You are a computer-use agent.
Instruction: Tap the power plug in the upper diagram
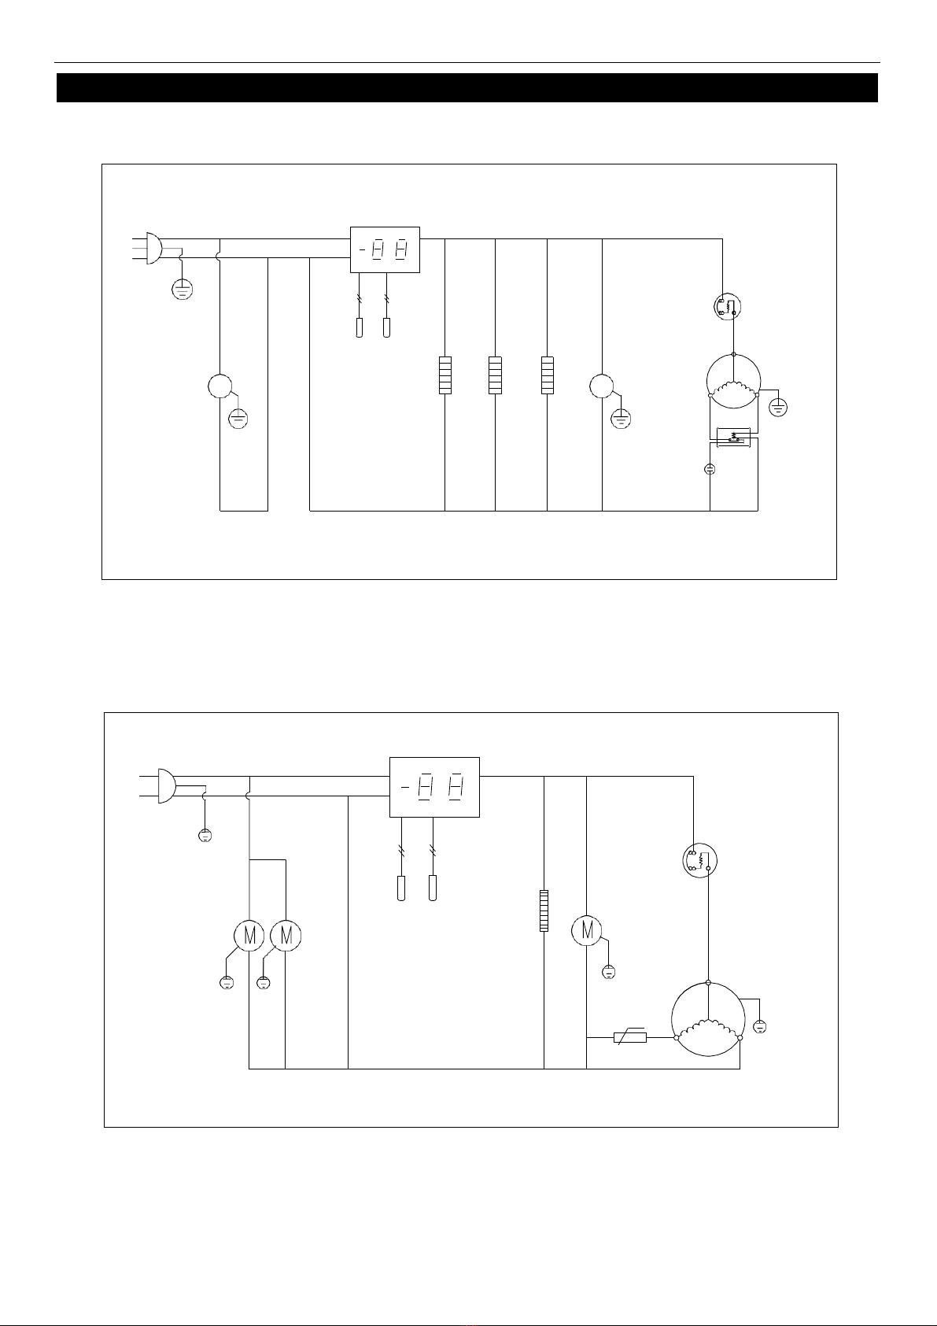click(153, 248)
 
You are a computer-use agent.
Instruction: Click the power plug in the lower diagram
click(166, 786)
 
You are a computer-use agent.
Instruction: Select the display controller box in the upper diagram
click(385, 249)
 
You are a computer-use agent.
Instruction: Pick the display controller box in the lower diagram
click(434, 787)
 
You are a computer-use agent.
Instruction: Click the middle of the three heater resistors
click(495, 375)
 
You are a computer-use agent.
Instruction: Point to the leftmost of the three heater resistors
click(445, 375)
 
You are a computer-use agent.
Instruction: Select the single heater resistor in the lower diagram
click(544, 910)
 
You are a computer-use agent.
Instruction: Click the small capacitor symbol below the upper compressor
click(710, 469)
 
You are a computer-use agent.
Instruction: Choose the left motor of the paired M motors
click(249, 936)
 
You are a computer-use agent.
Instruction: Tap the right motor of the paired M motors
click(286, 936)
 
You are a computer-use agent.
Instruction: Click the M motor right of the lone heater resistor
click(587, 930)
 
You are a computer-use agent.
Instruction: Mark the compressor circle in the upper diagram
click(733, 381)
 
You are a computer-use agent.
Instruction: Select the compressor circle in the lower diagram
click(708, 1019)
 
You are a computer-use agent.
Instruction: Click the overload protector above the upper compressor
click(728, 306)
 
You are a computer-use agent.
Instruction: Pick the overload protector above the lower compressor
click(699, 861)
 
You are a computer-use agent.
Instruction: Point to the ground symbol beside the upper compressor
click(778, 408)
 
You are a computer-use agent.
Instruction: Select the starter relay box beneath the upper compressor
click(734, 438)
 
